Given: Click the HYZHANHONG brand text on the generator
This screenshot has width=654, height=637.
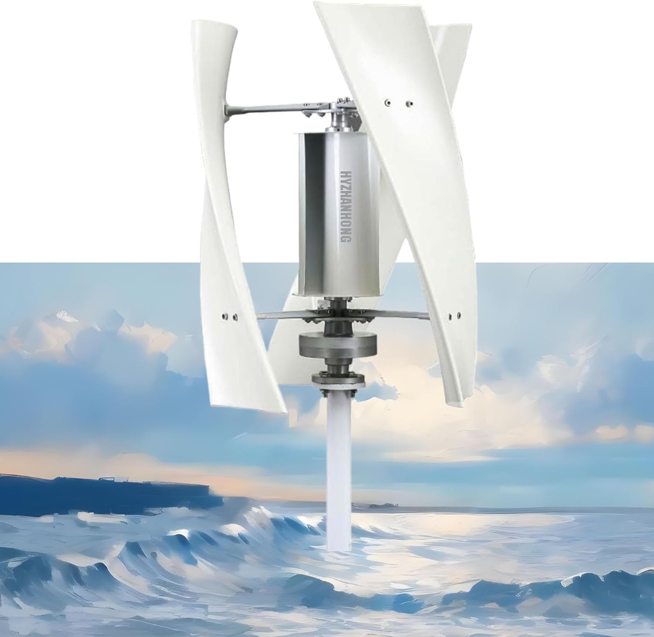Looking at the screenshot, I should [x=344, y=207].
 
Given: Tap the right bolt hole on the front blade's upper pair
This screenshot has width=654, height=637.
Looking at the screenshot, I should [x=409, y=104].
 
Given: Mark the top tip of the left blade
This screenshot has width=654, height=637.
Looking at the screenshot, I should [x=214, y=26].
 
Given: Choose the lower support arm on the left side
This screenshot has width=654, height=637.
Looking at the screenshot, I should [x=279, y=315].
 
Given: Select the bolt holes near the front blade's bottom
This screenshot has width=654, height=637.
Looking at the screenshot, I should [x=453, y=314].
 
